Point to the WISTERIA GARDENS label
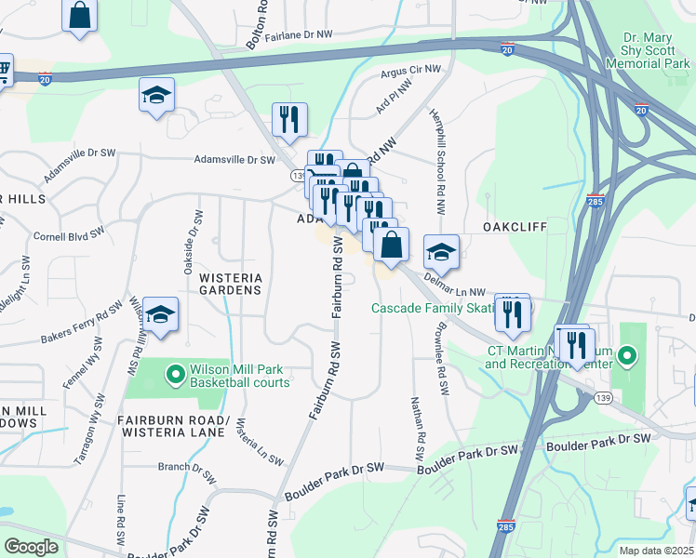[x=230, y=284]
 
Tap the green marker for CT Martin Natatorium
[x=628, y=355]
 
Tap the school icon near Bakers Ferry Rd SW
[x=161, y=315]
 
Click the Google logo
[x=31, y=546]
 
